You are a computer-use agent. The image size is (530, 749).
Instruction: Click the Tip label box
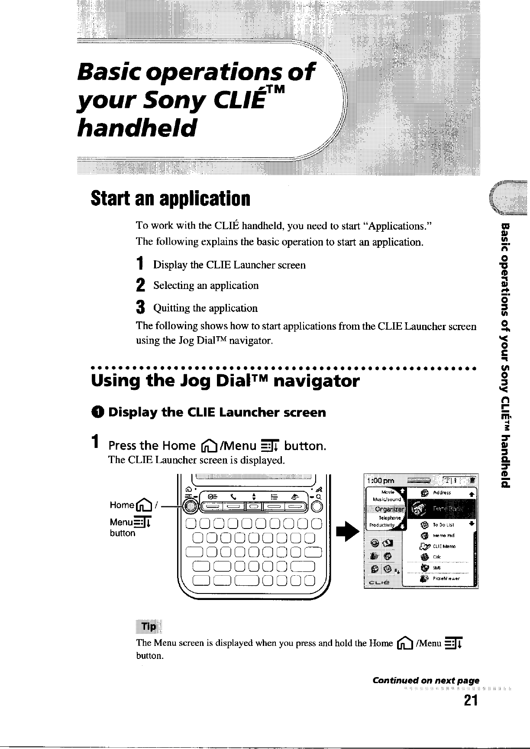click(148, 627)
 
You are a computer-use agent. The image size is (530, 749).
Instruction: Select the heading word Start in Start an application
click(107, 199)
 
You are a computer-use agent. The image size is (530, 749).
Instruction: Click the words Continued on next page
click(426, 681)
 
